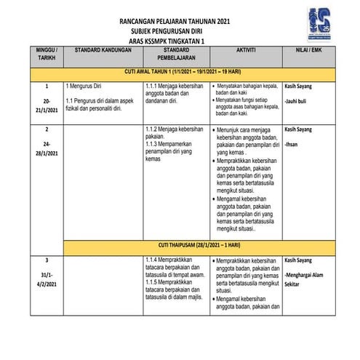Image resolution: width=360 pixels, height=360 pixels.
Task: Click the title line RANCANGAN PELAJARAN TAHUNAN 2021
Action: click(x=179, y=22)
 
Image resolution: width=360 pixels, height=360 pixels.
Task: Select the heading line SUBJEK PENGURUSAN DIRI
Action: click(x=179, y=32)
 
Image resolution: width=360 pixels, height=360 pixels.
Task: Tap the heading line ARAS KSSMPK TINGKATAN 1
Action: click(x=179, y=42)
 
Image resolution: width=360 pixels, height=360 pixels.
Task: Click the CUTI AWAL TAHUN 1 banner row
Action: click(x=179, y=73)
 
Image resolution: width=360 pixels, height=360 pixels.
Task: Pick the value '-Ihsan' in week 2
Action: click(x=294, y=144)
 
